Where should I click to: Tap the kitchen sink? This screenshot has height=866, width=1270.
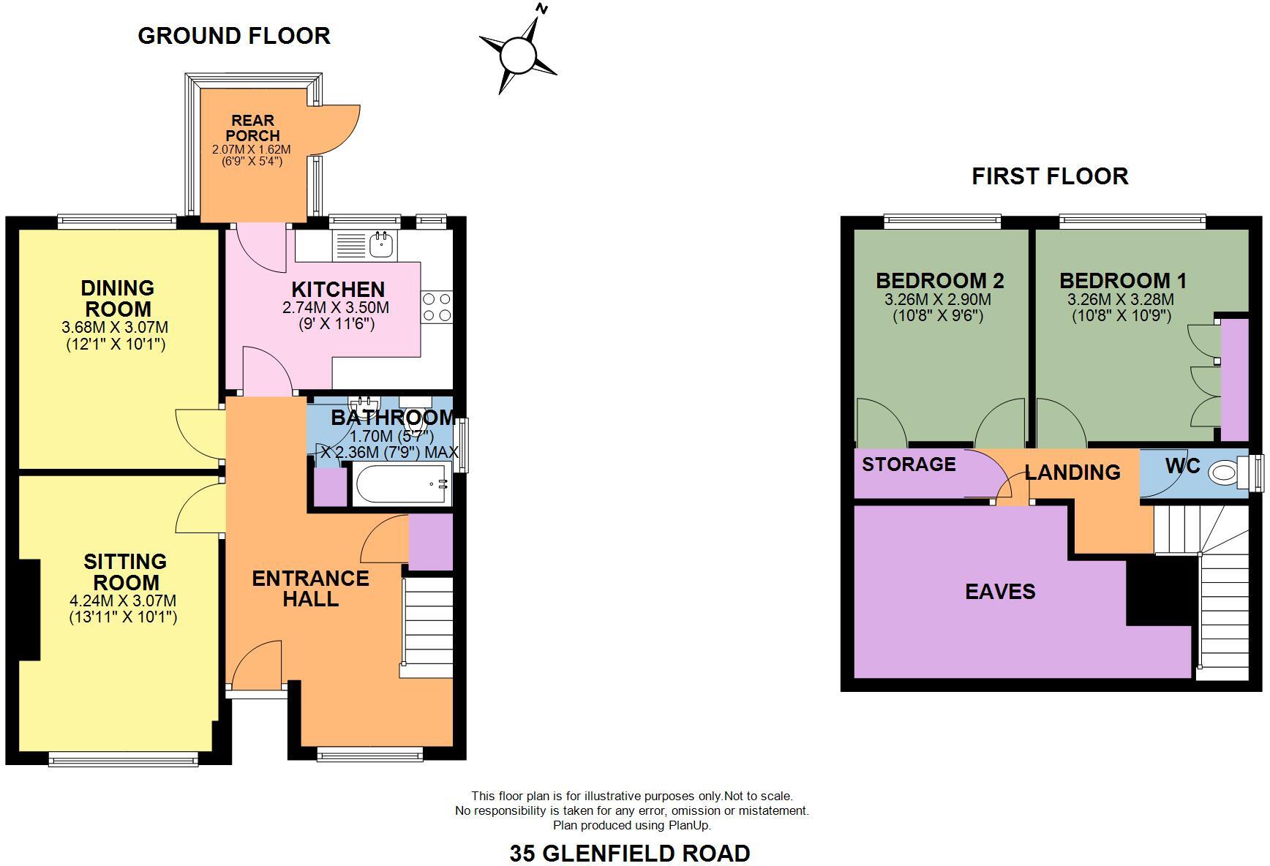point(380,244)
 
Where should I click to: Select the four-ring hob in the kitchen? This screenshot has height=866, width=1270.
point(437,306)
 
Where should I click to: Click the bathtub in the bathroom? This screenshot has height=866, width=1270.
point(402,484)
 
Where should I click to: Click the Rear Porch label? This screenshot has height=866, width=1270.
point(252,128)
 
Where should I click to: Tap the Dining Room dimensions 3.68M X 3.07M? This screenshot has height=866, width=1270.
point(115,327)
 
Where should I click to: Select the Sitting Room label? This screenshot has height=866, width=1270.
point(125,572)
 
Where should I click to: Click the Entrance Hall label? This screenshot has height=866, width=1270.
point(310,589)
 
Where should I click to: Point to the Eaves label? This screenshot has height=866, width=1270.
point(1000,592)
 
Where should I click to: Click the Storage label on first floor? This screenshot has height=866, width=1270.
point(909,464)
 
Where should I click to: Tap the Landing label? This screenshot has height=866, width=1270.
point(1072,472)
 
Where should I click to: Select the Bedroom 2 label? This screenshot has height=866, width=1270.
point(939,280)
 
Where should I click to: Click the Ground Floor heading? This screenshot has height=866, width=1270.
point(234,35)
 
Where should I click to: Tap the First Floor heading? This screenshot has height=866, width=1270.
point(1049,176)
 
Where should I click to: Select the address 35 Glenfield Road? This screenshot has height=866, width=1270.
point(629,853)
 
